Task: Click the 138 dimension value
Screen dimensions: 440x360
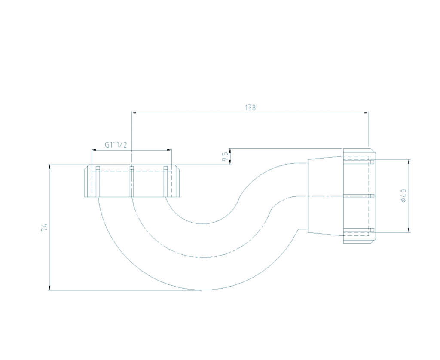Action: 251,107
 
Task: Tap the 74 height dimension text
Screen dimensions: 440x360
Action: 44,227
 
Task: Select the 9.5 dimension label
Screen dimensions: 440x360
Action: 224,156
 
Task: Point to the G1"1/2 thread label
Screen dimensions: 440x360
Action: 116,145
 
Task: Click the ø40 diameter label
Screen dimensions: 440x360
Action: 404,195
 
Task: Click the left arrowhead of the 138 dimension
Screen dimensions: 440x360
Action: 134,113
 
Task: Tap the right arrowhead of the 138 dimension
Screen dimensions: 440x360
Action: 367,113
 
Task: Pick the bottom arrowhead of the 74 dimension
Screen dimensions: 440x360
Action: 50,288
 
